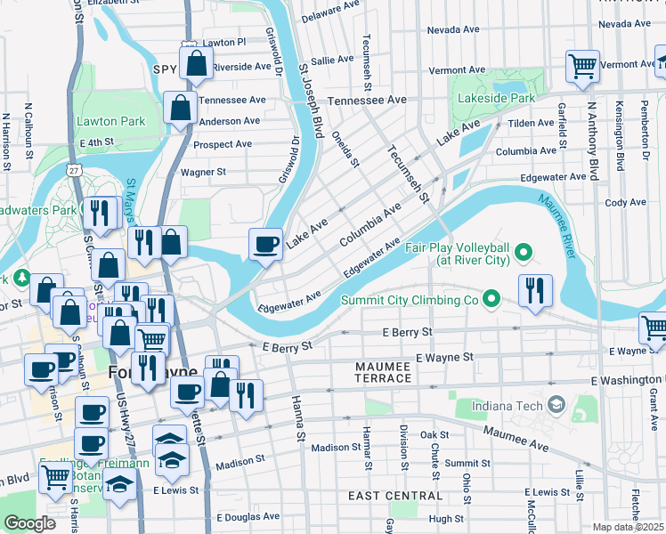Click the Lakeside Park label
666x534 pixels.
pos(497,98)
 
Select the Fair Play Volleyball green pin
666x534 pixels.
pos(524,253)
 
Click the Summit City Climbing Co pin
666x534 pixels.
pos(491,297)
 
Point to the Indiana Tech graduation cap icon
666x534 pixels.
pos(557,406)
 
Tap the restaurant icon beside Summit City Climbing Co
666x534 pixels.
pos(536,292)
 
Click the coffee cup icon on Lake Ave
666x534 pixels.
pos(265,245)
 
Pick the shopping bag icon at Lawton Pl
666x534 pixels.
pos(196,64)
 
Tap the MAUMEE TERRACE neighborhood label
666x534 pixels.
pos(384,372)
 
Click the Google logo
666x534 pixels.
pos(30,523)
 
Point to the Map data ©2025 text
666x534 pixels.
pos(627,527)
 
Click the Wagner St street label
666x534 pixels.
pos(203,172)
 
